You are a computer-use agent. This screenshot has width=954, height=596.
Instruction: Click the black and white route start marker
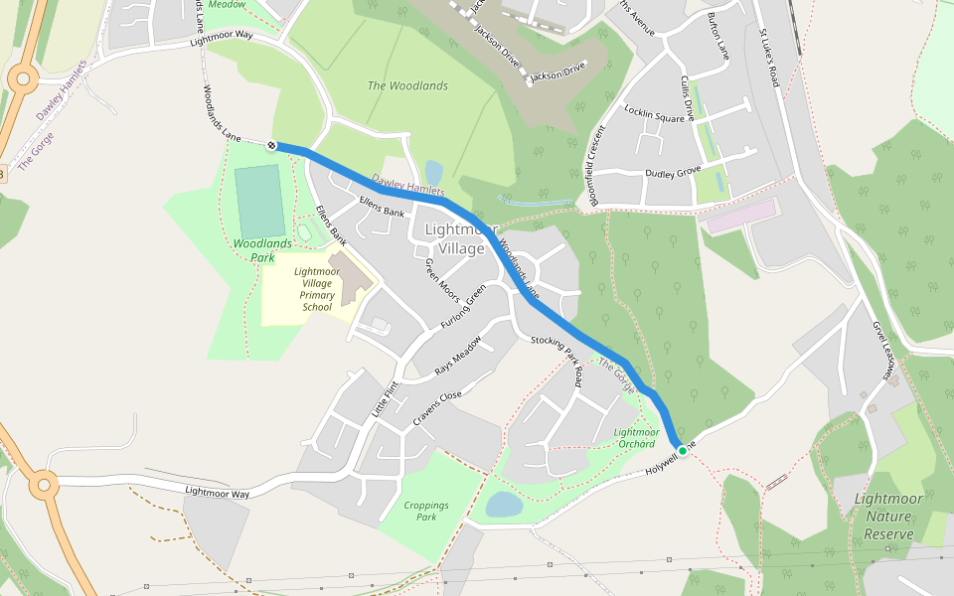click(271, 146)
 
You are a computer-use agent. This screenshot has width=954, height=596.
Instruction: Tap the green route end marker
click(682, 451)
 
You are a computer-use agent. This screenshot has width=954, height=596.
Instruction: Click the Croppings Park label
click(426, 511)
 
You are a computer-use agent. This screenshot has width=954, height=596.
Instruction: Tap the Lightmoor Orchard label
click(636, 437)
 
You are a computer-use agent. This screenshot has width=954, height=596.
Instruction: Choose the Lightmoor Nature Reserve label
click(888, 517)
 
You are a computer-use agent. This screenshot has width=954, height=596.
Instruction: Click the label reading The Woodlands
click(407, 86)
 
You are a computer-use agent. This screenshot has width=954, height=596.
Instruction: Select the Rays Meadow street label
click(457, 356)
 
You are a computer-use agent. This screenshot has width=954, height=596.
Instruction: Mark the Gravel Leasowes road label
click(884, 351)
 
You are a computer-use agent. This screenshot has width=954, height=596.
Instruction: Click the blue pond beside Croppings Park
click(504, 505)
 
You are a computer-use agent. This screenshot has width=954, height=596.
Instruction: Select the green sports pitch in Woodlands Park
click(259, 201)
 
